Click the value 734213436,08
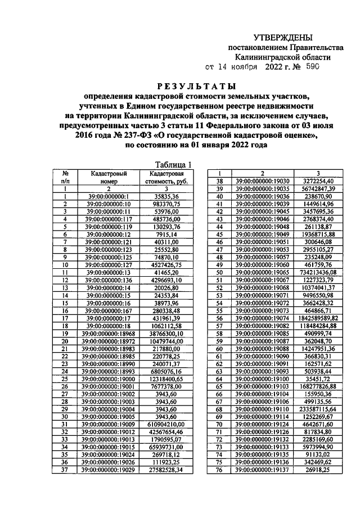coord(318,272)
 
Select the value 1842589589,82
coord(318,318)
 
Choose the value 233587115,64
coord(318,410)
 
